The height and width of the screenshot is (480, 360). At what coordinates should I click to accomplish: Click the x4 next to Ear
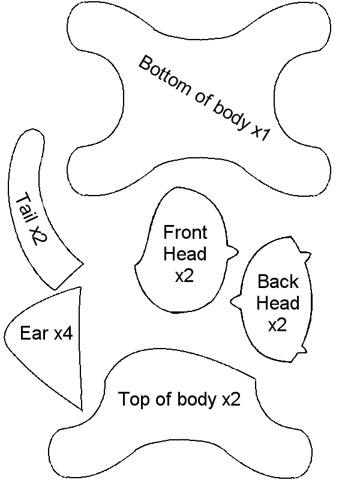pyautogui.click(x=63, y=334)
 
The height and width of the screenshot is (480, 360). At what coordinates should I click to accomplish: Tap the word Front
pyautogui.click(x=185, y=233)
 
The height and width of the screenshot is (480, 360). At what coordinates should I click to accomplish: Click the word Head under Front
pyautogui.click(x=185, y=254)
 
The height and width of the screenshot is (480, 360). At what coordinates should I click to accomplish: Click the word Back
pyautogui.click(x=278, y=281)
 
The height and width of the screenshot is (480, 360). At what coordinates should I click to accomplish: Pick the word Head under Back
pyautogui.click(x=278, y=303)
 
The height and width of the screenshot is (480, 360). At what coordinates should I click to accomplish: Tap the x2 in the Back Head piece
pyautogui.click(x=277, y=325)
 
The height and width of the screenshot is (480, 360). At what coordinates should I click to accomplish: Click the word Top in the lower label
pyautogui.click(x=132, y=399)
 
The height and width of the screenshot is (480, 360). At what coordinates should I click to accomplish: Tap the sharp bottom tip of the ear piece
pyautogui.click(x=81, y=410)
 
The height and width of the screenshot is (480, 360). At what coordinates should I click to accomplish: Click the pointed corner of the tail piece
pyautogui.click(x=83, y=263)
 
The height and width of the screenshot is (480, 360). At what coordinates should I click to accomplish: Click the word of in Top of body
pyautogui.click(x=161, y=399)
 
